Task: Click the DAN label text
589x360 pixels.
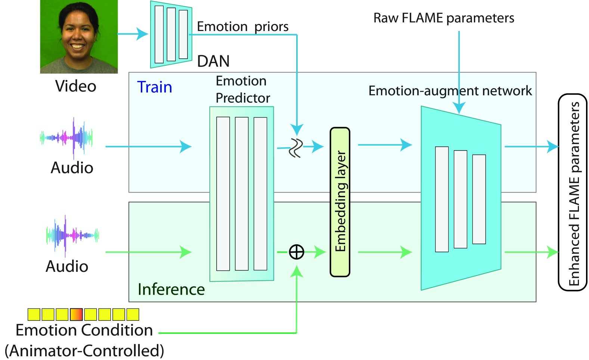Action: point(213,61)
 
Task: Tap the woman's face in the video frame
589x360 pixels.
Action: point(78,32)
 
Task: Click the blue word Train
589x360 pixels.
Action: point(154,87)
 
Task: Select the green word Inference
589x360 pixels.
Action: point(171,289)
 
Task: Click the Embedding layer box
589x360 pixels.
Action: point(340,202)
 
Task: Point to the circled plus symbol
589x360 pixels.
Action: point(297,252)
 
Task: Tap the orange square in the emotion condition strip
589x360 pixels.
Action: point(76,314)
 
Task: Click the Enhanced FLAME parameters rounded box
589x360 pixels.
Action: point(573,192)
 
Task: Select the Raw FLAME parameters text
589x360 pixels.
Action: point(443,18)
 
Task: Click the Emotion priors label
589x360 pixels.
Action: point(242,27)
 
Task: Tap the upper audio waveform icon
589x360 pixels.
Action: point(66,138)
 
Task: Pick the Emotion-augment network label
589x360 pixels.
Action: point(450,91)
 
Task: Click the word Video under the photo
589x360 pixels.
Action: point(75,86)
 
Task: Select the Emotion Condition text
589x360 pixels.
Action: point(84,330)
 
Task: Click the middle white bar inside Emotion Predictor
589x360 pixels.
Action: point(242,193)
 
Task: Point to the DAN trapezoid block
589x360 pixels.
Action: point(171,34)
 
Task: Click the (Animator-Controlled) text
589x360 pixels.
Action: point(84,351)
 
